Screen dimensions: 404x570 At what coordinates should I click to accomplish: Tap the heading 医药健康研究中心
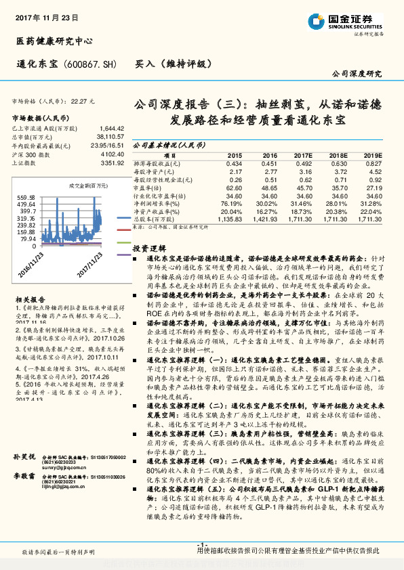pos(54,41)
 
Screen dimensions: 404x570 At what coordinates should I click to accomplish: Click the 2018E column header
pos(338,155)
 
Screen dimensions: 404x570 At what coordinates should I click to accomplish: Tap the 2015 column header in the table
pos(234,155)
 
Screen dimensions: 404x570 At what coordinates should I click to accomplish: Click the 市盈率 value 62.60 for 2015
pos(234,189)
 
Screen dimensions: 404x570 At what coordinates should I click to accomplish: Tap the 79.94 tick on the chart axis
pos(27,238)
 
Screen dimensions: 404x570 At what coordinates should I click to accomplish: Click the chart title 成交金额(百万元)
pos(89,185)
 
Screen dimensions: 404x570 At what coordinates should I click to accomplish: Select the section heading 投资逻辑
pos(148,248)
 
